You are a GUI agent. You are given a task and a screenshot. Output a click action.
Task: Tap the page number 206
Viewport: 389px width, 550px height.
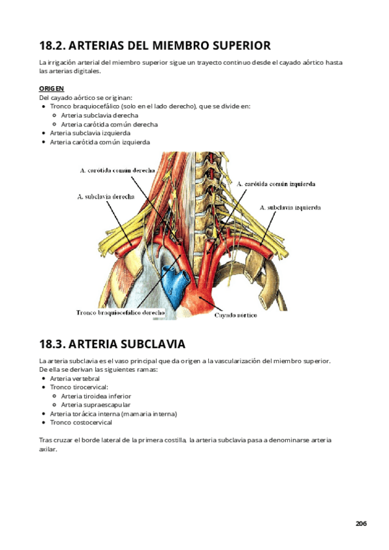tap(361, 523)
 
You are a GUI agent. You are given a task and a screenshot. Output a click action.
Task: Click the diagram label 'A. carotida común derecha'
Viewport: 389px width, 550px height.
tap(117, 170)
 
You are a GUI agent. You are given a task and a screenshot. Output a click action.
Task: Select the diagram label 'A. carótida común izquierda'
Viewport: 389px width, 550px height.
tap(276, 184)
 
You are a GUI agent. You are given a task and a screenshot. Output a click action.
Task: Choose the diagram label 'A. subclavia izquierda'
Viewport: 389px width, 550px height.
tap(290, 208)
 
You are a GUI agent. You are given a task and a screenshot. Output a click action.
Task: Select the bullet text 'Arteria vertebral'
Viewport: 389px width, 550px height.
tap(75, 377)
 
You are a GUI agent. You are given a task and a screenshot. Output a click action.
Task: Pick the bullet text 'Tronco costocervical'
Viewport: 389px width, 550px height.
tap(80, 422)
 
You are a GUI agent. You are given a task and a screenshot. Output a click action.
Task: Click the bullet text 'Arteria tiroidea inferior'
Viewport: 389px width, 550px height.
tap(96, 396)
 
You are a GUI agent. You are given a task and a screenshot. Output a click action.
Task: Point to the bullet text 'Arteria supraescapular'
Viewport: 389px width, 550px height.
tap(95, 405)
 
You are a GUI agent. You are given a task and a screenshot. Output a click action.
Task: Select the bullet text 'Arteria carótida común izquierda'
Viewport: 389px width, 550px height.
tap(100, 141)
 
